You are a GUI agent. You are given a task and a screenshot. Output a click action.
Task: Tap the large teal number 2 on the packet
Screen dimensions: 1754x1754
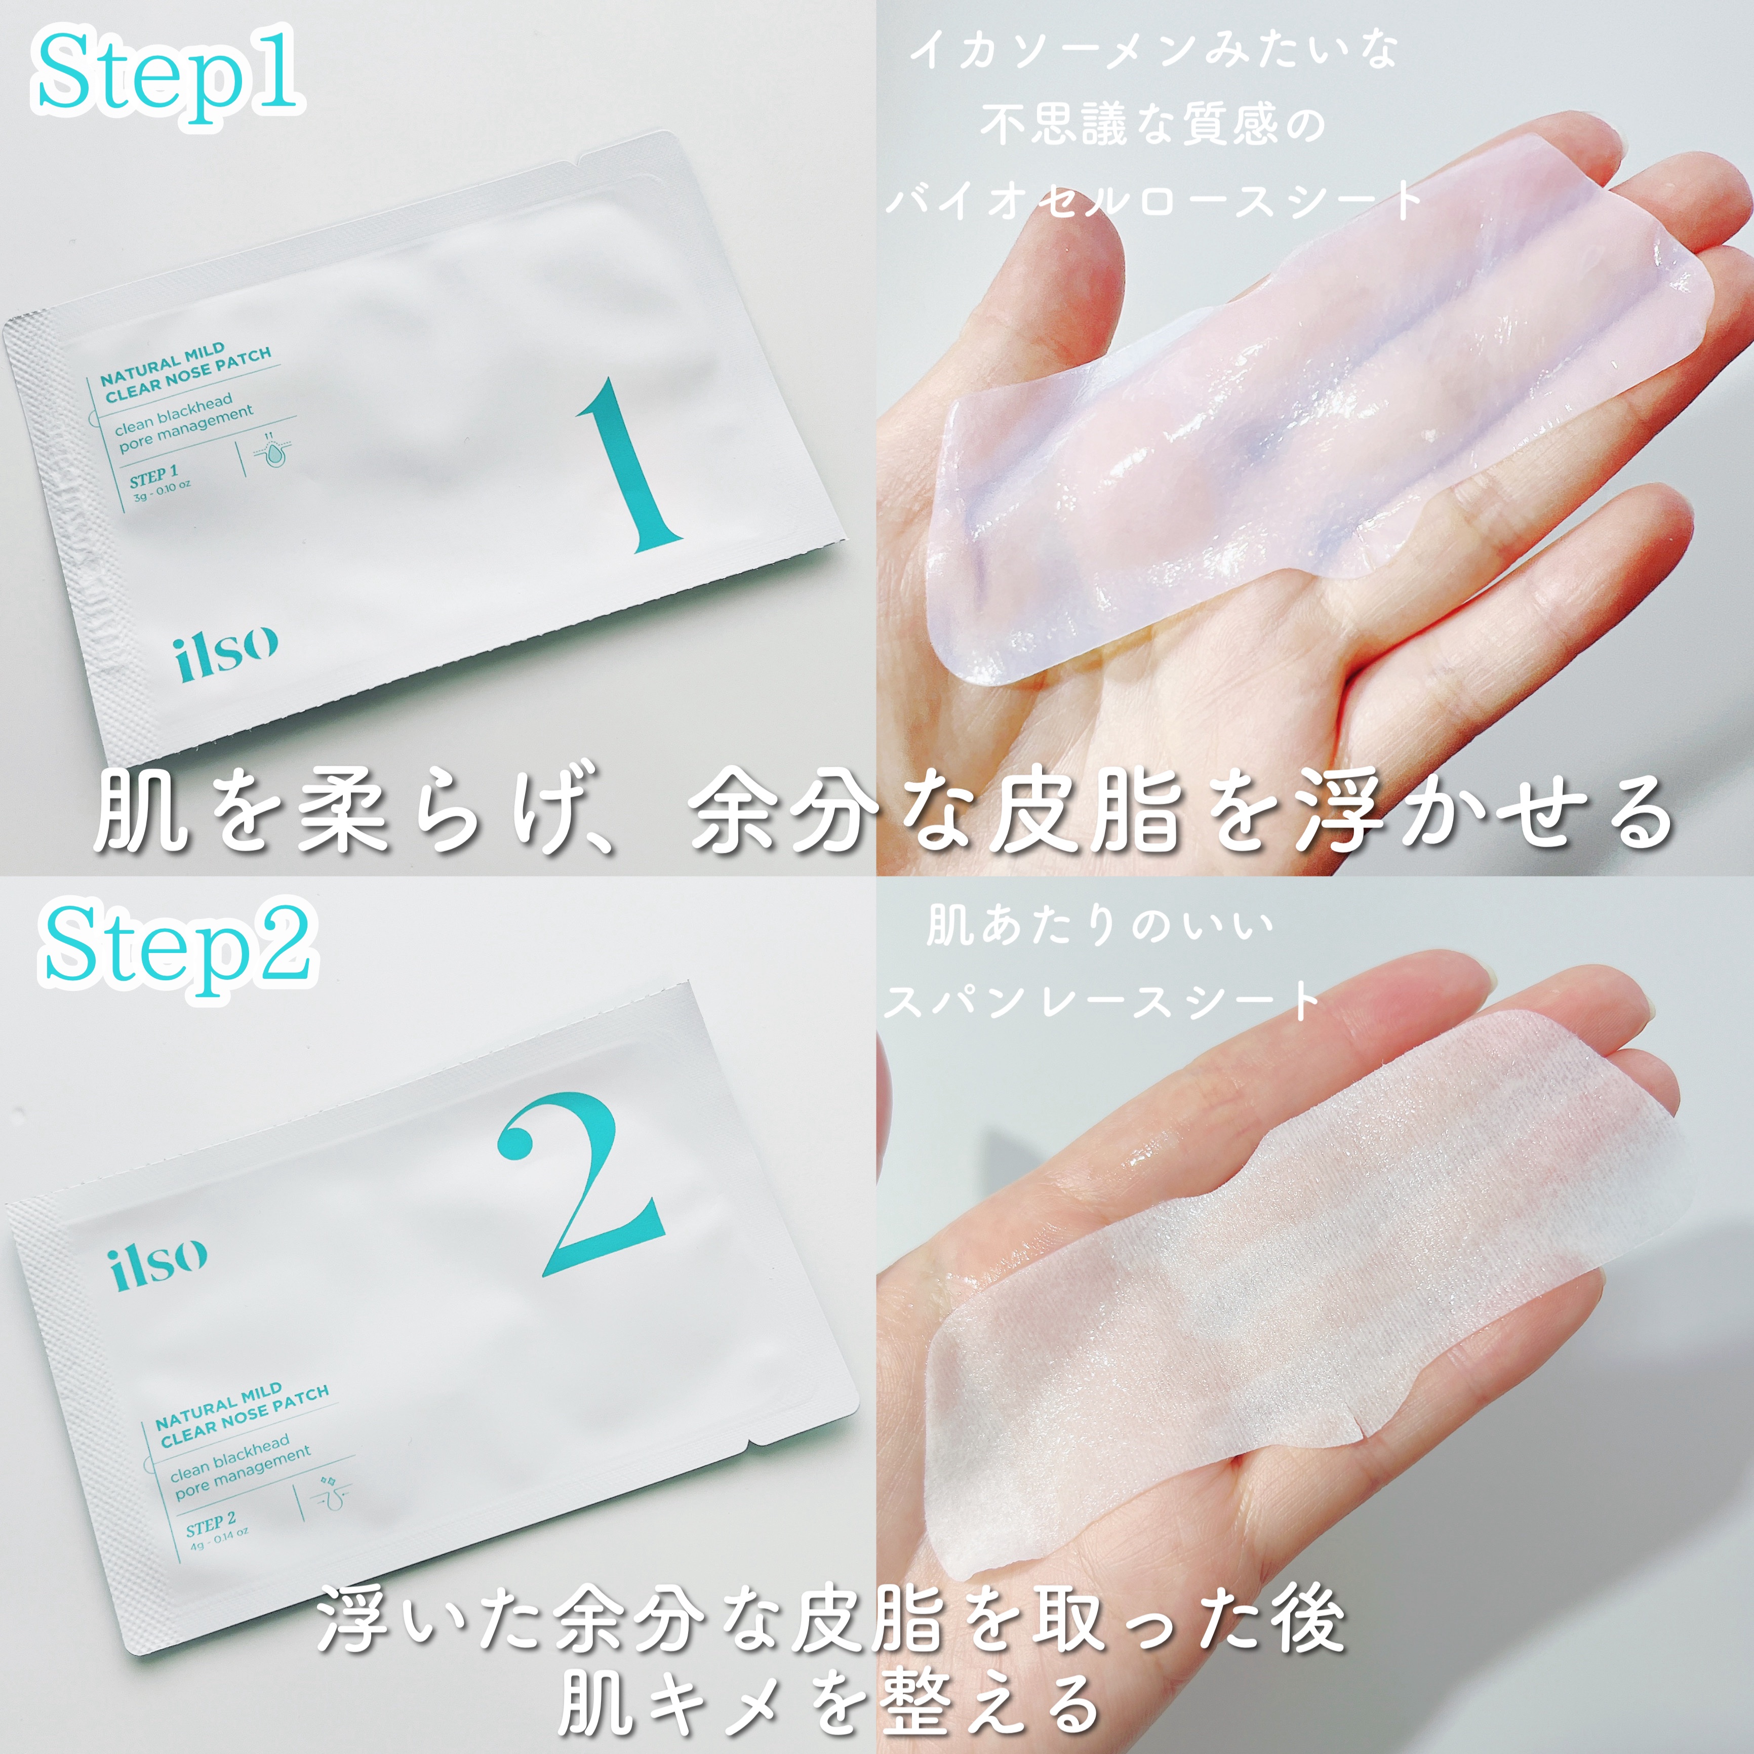581,1185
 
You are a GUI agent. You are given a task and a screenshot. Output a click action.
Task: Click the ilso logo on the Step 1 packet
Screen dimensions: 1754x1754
225,652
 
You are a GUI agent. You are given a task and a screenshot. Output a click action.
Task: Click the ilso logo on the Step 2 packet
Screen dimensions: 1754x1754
159,1262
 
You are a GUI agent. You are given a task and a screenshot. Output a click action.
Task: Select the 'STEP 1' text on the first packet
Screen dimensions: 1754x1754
152,476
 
